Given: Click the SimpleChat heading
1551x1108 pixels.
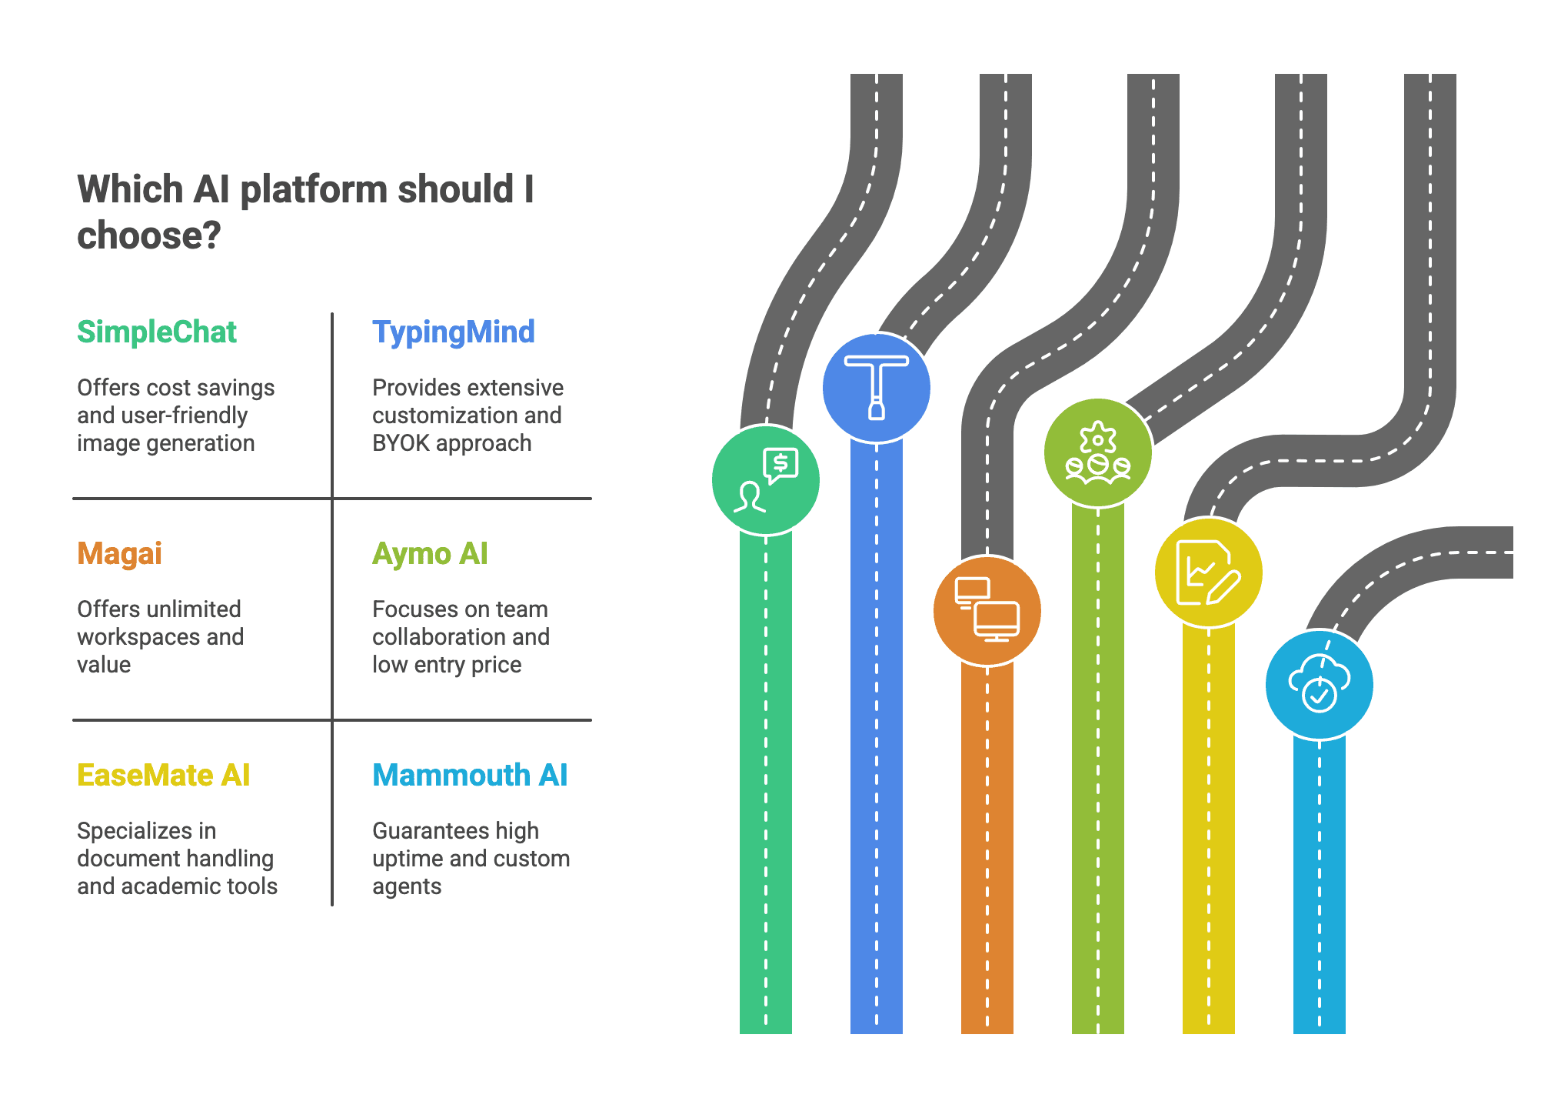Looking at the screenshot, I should pyautogui.click(x=157, y=332).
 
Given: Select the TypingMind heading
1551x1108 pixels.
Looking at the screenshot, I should pyautogui.click(x=453, y=332).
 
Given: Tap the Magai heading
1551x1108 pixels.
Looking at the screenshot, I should pyautogui.click(x=119, y=553).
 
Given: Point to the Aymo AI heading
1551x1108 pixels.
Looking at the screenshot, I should pyautogui.click(x=430, y=553).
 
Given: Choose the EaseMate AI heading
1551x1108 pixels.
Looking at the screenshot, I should pyautogui.click(x=163, y=775).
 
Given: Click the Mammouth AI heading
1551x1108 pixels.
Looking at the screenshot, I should pyautogui.click(x=470, y=775).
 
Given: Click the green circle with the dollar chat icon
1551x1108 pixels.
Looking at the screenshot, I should pyautogui.click(x=766, y=480).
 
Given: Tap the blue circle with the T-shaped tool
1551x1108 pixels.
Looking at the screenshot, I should pyautogui.click(x=877, y=388).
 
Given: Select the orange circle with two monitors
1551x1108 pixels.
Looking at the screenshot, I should pyautogui.click(x=987, y=610).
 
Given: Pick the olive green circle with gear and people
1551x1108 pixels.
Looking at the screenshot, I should pyautogui.click(x=1098, y=453).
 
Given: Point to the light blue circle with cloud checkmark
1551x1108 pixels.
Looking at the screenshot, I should pyautogui.click(x=1320, y=684).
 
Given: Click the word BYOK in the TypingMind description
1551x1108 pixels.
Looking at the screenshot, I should pyautogui.click(x=400, y=443).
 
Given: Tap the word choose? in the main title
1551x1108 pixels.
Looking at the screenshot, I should pyautogui.click(x=148, y=235).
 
